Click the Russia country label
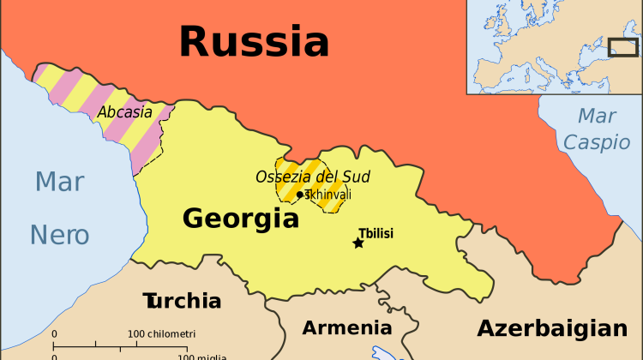(x=254, y=40)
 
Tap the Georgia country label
(x=240, y=219)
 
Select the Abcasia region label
(x=124, y=112)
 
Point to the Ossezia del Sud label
(x=313, y=177)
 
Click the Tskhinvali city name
(x=328, y=195)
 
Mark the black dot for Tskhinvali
(x=299, y=195)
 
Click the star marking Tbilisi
(x=358, y=243)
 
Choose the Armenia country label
(x=346, y=327)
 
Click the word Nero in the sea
(x=60, y=234)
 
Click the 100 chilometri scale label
(x=162, y=333)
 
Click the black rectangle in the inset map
(x=622, y=47)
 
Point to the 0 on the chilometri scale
(x=54, y=333)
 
